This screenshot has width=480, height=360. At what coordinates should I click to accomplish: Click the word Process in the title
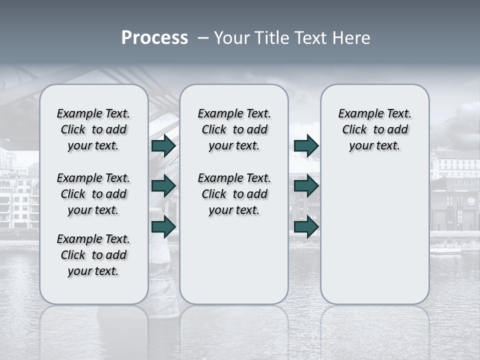tap(154, 38)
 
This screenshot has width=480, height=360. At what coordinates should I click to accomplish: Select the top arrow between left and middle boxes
tap(163, 146)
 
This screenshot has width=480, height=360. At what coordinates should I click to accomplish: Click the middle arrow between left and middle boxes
tap(163, 186)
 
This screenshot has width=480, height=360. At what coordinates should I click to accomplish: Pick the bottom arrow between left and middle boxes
tap(163, 226)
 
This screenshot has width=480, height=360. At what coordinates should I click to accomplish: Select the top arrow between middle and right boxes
tap(306, 146)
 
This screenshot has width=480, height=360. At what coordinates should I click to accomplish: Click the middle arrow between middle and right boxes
tap(306, 186)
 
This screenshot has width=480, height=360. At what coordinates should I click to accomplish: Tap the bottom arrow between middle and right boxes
tap(306, 226)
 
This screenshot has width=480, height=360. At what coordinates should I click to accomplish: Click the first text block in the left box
tap(93, 129)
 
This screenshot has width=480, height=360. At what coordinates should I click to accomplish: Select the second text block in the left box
tap(93, 194)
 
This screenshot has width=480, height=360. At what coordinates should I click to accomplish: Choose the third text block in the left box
tap(93, 255)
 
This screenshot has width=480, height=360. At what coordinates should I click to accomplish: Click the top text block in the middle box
tap(234, 129)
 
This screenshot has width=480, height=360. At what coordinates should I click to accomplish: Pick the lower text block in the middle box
tap(234, 194)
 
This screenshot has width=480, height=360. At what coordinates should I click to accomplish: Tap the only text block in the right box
tap(374, 129)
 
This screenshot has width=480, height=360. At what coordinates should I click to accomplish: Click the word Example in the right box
tap(357, 114)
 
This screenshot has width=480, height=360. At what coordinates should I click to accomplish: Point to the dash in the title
tap(203, 38)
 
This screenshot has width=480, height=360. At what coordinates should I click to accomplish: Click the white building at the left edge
tap(17, 200)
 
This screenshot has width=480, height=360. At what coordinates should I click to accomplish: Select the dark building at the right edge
tap(455, 205)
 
